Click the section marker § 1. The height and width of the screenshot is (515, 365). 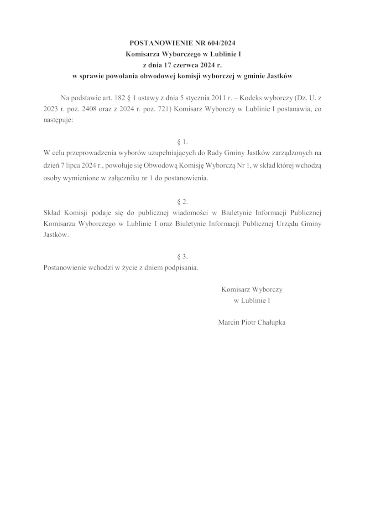tap(182, 142)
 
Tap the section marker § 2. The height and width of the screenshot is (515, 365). tap(182, 201)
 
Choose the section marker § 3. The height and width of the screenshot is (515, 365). tap(182, 257)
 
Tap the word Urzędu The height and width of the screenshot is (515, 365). tap(286, 224)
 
